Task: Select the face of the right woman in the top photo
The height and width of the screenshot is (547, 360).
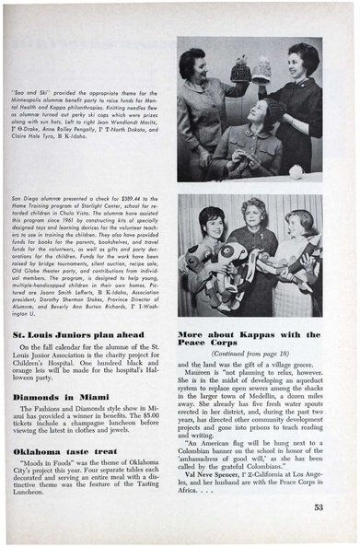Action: tap(301, 61)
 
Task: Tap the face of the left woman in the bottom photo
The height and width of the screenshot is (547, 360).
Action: tap(211, 224)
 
